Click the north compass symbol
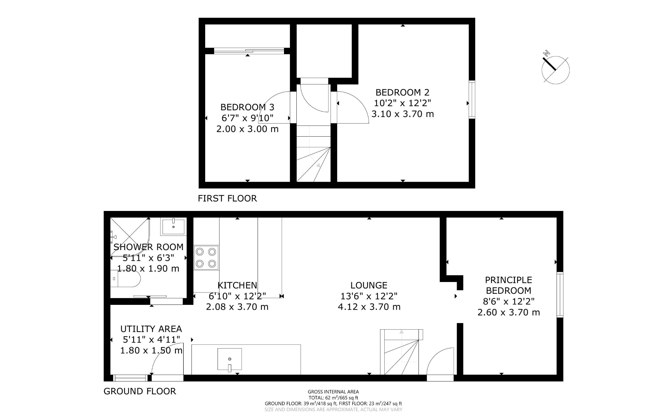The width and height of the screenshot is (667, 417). click(555, 69)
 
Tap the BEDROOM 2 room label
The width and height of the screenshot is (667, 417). click(403, 92)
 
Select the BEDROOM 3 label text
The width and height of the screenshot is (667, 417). click(247, 107)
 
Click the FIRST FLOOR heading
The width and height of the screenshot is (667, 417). click(227, 198)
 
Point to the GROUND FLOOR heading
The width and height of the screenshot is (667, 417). click(140, 391)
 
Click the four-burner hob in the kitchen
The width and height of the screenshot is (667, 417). click(206, 258)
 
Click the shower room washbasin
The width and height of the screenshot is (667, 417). click(173, 227)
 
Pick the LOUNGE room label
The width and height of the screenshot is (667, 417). click(369, 285)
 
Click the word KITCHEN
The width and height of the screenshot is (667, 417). click(237, 285)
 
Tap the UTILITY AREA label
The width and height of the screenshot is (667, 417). click(151, 329)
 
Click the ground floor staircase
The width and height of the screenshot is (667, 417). click(402, 352)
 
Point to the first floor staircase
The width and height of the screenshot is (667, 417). click(313, 154)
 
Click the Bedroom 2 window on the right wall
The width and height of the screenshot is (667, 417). click(472, 99)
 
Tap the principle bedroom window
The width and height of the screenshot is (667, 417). click(560, 295)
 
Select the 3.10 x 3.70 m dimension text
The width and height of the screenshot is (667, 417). click(403, 114)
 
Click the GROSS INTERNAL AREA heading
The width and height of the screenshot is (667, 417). click(333, 392)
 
